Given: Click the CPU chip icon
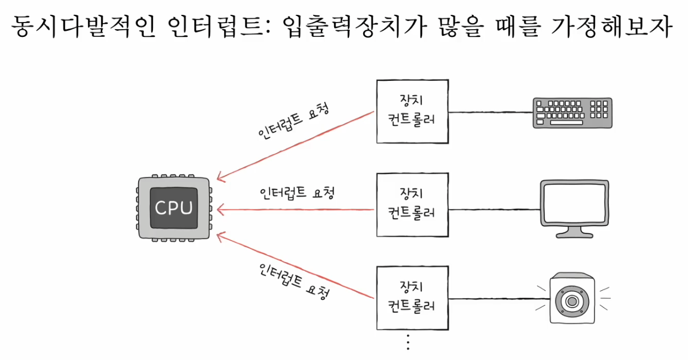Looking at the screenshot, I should point(173,208).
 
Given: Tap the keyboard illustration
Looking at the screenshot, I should point(572,113).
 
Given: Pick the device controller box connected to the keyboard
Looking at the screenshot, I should point(411,112).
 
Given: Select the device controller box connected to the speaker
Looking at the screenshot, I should point(411,297).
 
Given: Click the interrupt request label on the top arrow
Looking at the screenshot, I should point(294,122).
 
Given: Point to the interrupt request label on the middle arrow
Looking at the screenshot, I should point(297,193).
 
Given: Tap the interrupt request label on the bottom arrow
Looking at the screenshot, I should point(294,281).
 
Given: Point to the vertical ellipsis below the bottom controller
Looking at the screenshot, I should point(408,342).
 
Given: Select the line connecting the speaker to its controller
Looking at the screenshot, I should point(498,299).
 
